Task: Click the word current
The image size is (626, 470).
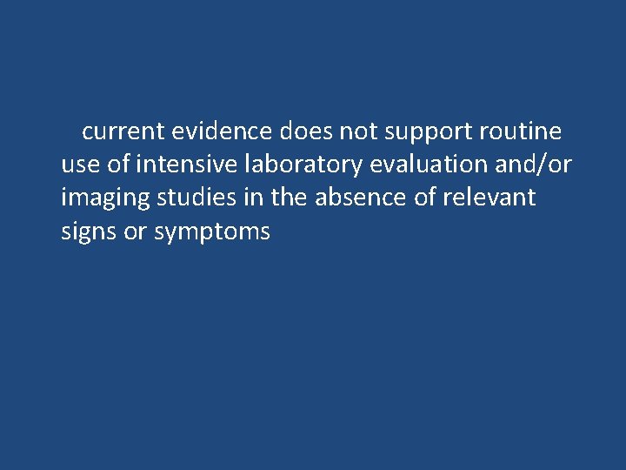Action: point(123,132)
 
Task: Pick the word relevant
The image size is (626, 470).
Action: point(489,198)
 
